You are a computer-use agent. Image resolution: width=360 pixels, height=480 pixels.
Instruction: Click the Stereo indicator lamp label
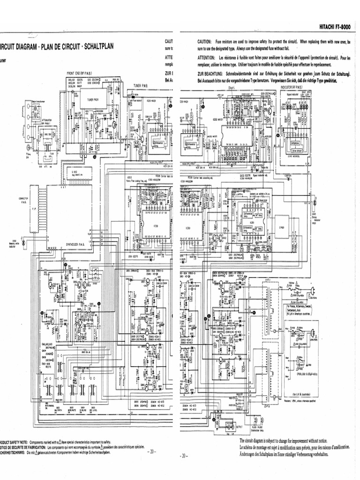pyautogui.click(x=315, y=218)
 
